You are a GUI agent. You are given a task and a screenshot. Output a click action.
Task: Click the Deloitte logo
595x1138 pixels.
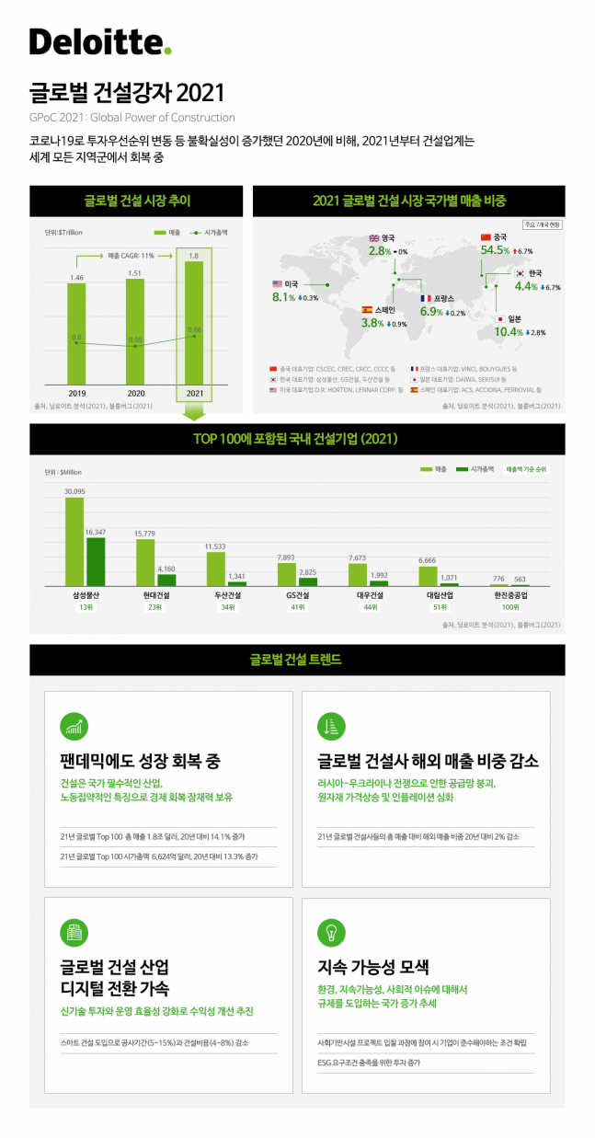(100, 41)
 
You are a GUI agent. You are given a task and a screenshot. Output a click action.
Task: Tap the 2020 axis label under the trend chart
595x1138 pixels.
(135, 393)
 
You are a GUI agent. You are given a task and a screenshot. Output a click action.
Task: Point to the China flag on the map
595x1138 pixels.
(487, 237)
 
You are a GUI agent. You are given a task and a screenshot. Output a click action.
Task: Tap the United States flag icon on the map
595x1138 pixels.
(277, 284)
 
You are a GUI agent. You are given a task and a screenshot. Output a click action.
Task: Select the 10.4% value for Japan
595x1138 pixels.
(509, 332)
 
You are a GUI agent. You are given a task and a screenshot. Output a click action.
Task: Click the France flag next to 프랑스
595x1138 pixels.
(426, 299)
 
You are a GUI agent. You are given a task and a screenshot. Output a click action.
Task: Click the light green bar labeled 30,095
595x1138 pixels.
(74, 542)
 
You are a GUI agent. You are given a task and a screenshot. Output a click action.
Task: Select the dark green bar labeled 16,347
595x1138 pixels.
(95, 561)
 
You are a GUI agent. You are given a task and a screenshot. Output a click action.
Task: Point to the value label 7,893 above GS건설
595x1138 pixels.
(286, 558)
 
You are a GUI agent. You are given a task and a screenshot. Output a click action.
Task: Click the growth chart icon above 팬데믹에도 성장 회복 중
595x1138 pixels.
(73, 726)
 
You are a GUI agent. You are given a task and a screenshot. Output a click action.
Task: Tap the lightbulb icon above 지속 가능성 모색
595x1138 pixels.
(329, 932)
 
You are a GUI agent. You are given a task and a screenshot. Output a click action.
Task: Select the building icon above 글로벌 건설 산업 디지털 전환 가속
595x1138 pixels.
(73, 932)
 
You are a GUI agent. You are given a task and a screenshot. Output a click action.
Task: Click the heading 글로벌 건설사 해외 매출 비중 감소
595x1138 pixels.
(427, 762)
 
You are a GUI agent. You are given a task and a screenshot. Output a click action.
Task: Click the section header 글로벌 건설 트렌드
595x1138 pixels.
(296, 660)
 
